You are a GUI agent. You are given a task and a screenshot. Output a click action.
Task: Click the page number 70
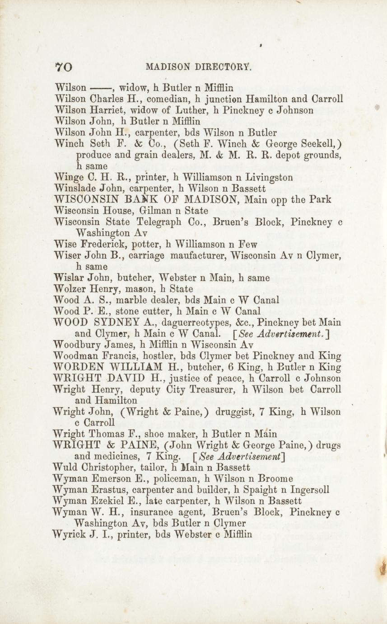(x=64, y=67)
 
